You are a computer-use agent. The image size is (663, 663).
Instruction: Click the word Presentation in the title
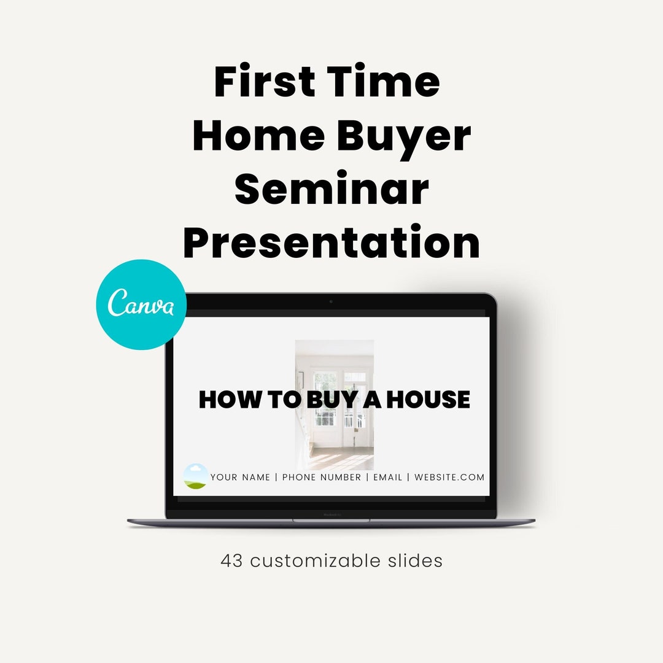pyautogui.click(x=331, y=243)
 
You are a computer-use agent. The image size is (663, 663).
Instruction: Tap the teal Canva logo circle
pyautogui.click(x=141, y=305)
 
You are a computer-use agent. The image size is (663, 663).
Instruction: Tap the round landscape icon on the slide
pyautogui.click(x=196, y=476)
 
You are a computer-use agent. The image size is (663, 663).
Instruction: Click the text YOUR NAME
pyautogui.click(x=240, y=477)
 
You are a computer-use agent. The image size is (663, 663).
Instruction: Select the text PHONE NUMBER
pyautogui.click(x=322, y=477)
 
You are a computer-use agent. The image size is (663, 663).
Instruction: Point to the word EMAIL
pyautogui.click(x=387, y=477)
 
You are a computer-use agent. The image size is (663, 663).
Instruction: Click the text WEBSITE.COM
pyautogui.click(x=449, y=477)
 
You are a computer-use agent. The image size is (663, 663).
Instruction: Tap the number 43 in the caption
pyautogui.click(x=232, y=561)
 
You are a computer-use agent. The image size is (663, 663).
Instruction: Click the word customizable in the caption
pyautogui.click(x=319, y=561)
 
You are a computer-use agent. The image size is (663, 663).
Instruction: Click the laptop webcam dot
pyautogui.click(x=331, y=301)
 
